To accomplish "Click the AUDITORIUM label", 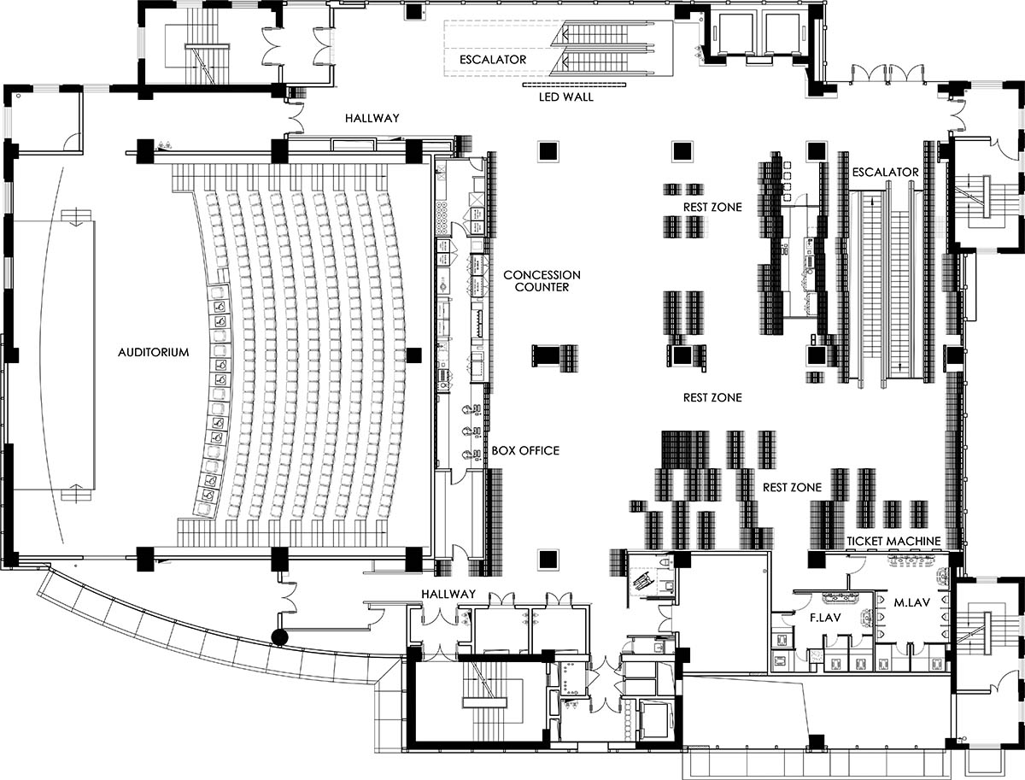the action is pos(153,352).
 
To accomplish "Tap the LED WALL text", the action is pos(566,97).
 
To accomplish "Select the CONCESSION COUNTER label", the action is pos(542,281).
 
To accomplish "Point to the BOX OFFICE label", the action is pos(525,451).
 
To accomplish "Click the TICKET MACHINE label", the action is pos(893,542).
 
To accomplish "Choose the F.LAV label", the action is pos(825,618).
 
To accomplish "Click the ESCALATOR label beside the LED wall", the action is pos(493,60).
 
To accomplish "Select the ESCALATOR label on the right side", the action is pos(886,173).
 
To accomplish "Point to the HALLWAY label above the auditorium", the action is pos(372,119).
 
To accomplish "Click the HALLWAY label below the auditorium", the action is pos(448,594).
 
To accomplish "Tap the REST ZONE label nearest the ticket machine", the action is pos(792,488).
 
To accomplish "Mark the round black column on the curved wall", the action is pos(279,637).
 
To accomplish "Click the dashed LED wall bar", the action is pos(574,85).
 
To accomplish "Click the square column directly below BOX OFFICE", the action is pos(548,558).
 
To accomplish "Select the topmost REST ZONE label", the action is pos(712,208).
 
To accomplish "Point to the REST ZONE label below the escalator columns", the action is pos(712,397).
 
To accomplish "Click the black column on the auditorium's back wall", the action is pos(413,355).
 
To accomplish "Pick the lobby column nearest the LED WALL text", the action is pos(548,151).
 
